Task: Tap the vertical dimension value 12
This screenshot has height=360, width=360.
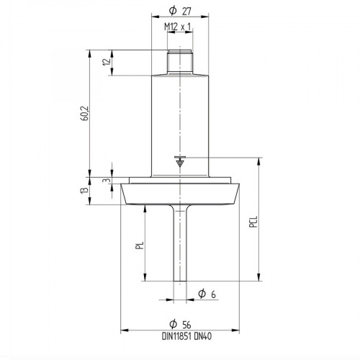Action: (107, 63)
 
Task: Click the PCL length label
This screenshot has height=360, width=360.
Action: (253, 223)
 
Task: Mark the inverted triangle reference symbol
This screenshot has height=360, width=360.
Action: (179, 163)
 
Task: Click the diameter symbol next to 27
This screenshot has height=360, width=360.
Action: (172, 12)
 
